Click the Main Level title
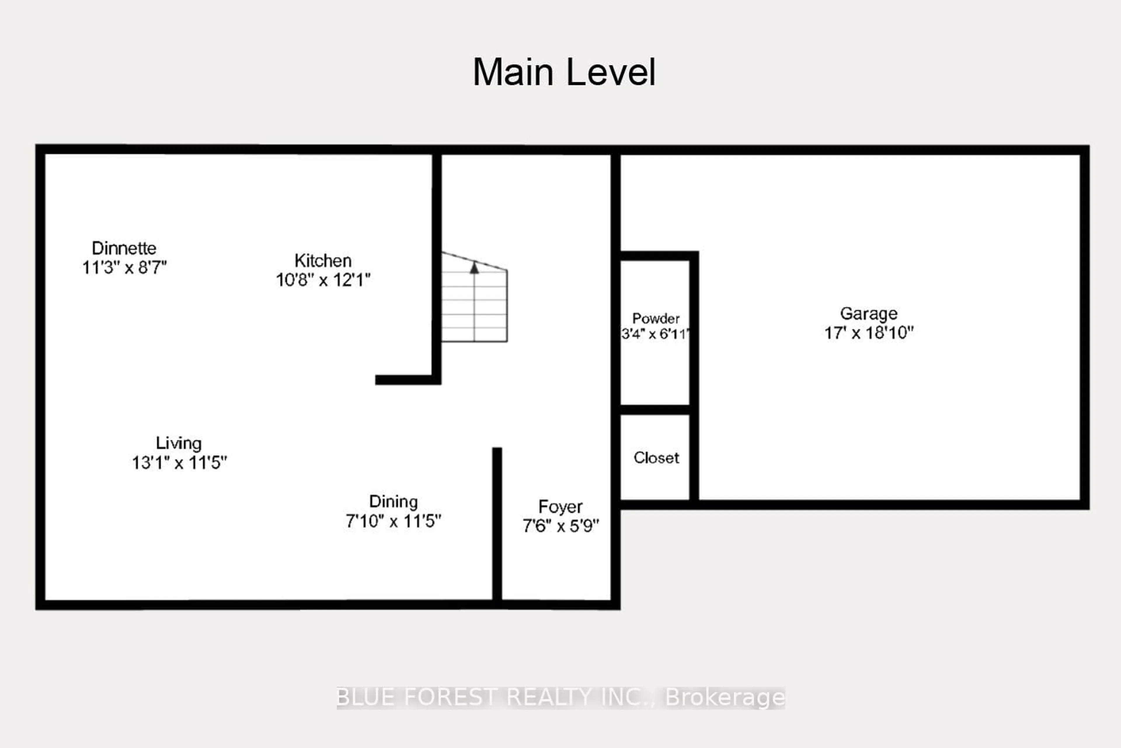(564, 72)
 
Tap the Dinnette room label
(124, 248)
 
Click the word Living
(179, 443)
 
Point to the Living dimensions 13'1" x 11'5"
(179, 463)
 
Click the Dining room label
(394, 501)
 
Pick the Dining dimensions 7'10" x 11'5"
(394, 521)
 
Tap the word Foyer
(560, 507)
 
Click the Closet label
(656, 458)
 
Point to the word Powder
(656, 318)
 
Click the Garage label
(869, 313)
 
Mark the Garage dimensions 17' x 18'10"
(869, 332)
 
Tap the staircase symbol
(474, 305)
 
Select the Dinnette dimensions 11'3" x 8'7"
(124, 268)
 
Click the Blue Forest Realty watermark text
(560, 697)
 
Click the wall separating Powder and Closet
(655, 409)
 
